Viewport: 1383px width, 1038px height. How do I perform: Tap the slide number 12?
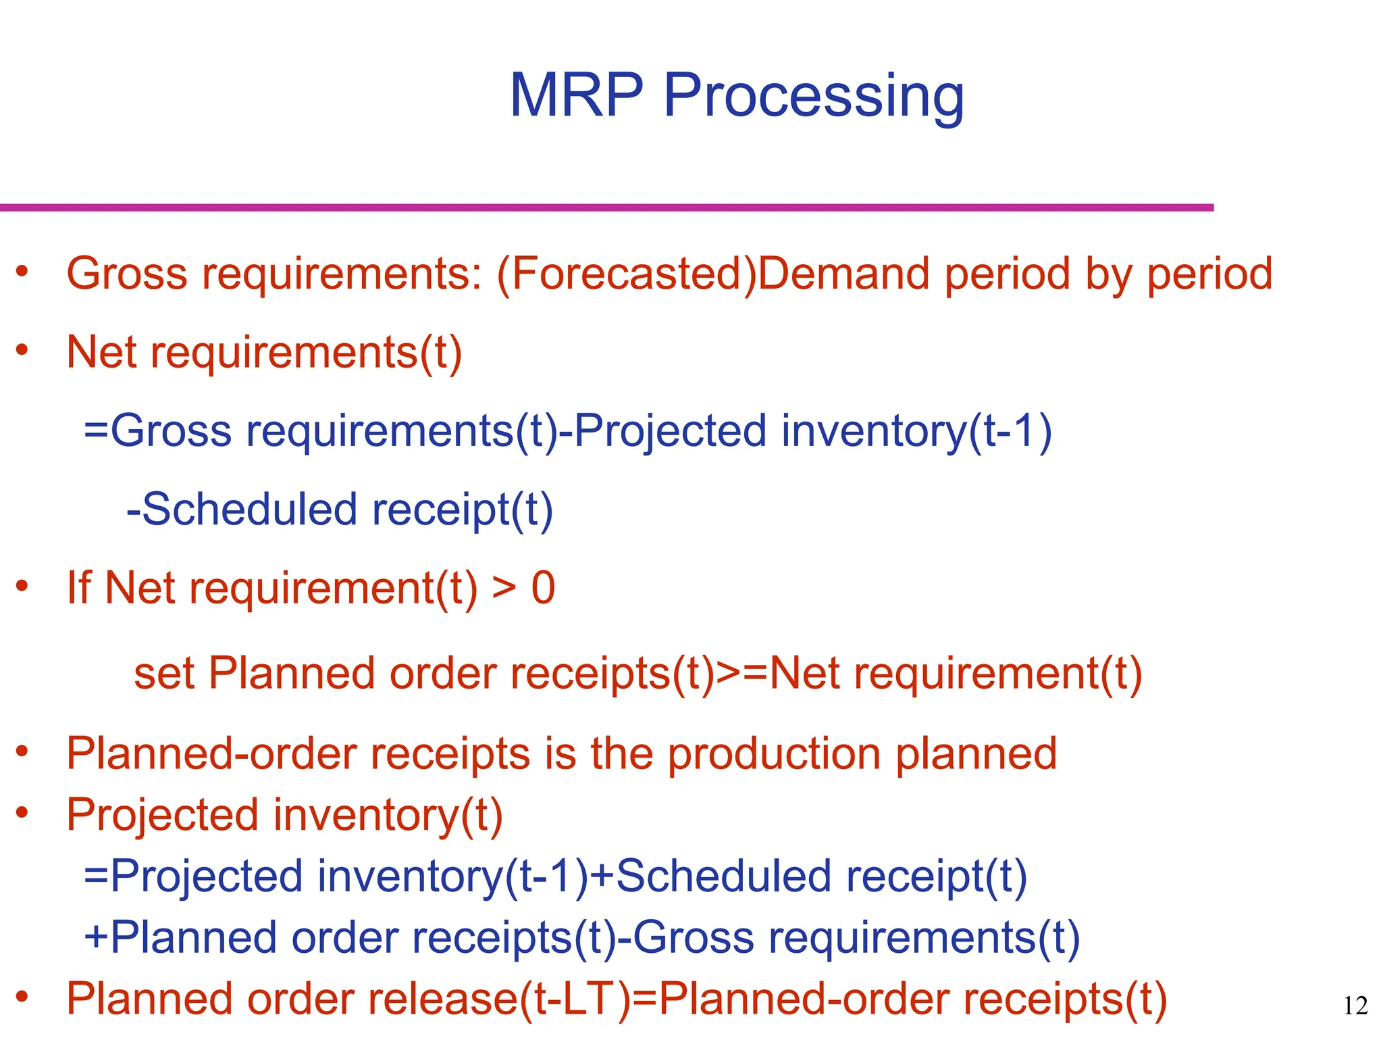pos(1355,1006)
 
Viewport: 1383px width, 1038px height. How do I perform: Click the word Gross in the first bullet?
pos(127,274)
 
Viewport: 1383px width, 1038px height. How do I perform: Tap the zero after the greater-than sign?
pos(543,588)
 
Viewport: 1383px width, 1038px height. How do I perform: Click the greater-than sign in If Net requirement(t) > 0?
pos(504,588)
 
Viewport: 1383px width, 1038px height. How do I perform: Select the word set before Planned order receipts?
pos(164,674)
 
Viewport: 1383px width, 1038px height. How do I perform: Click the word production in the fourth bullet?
pos(774,753)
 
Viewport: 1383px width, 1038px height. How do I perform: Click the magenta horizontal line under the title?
pos(608,207)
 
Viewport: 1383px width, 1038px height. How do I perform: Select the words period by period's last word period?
pos(1209,274)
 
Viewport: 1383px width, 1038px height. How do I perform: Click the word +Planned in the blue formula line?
pos(180,938)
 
